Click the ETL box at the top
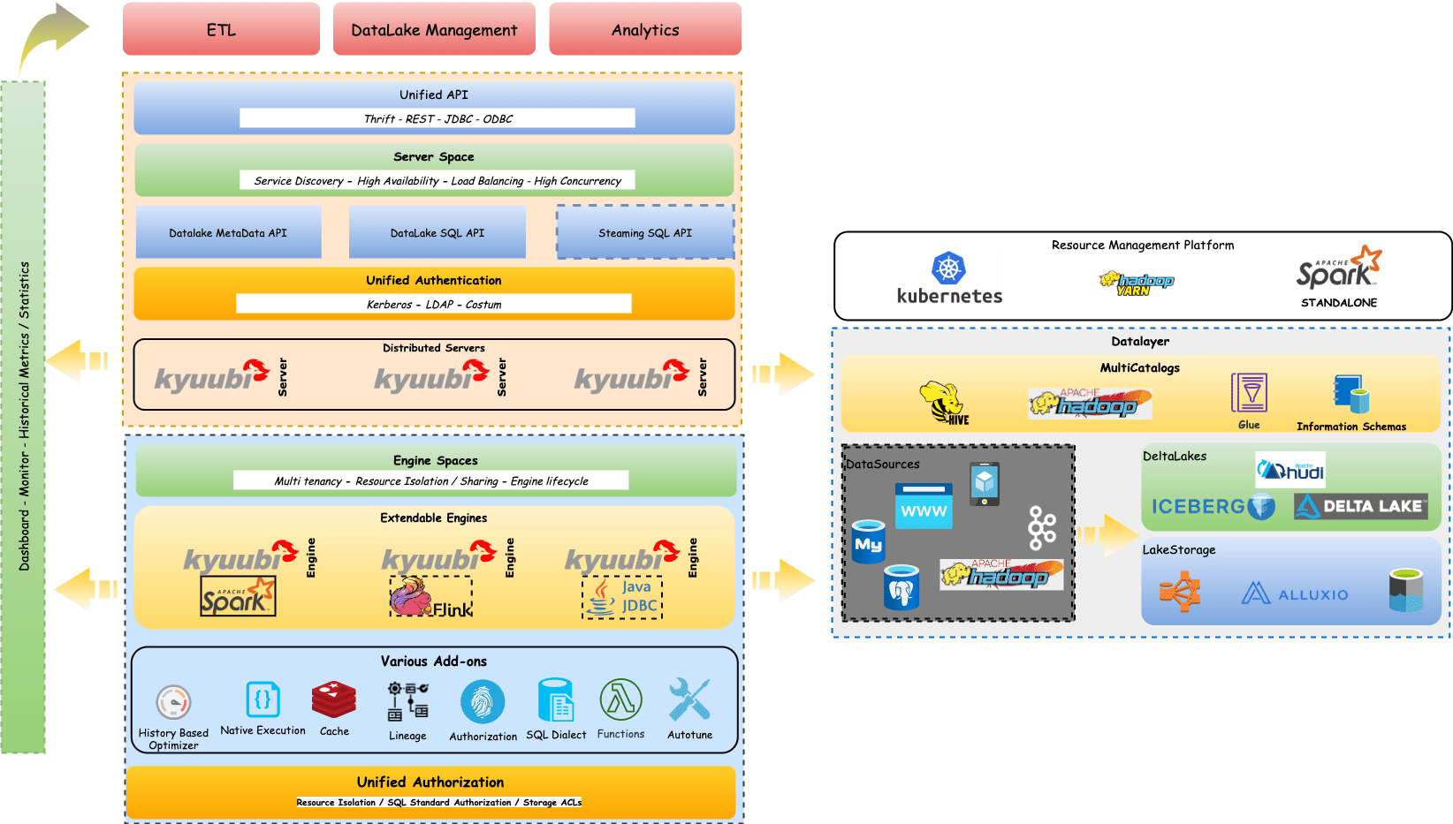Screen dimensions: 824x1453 [x=221, y=29]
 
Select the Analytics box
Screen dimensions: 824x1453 [x=645, y=29]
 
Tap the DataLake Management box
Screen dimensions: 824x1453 [x=434, y=29]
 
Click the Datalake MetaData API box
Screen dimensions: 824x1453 [x=228, y=232]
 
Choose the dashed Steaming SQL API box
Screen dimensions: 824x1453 [x=645, y=232]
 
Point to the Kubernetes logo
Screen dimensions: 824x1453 [x=949, y=277]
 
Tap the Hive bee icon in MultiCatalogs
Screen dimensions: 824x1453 [x=944, y=403]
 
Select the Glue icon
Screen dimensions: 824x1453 [x=1249, y=393]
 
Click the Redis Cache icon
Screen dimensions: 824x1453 [x=334, y=700]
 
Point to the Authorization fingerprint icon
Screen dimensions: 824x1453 [x=483, y=702]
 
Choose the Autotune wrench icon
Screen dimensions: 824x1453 [x=689, y=700]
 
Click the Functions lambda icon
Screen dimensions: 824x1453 [x=620, y=700]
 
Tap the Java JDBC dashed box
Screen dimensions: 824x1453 [x=622, y=598]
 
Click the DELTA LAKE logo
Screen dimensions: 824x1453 [x=1361, y=506]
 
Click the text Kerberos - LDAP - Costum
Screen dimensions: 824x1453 [x=434, y=304]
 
